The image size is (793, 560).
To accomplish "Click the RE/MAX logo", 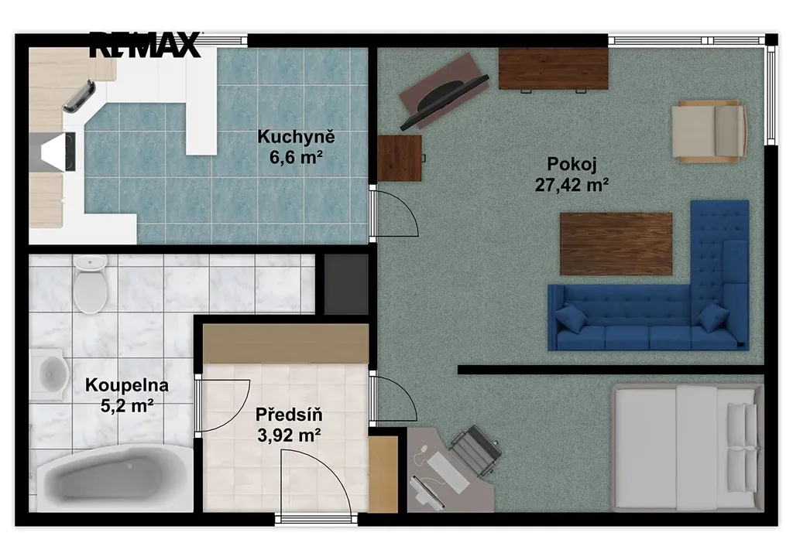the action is (x=145, y=44).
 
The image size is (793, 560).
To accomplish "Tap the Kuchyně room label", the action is (x=296, y=136).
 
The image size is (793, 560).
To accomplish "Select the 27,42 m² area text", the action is (x=572, y=186).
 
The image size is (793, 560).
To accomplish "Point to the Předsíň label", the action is (x=289, y=415).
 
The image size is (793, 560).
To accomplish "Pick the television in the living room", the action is (x=444, y=101).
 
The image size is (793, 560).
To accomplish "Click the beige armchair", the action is (x=709, y=131).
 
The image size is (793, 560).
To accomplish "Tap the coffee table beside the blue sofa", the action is (x=616, y=244).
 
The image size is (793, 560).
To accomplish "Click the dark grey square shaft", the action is (x=346, y=285).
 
